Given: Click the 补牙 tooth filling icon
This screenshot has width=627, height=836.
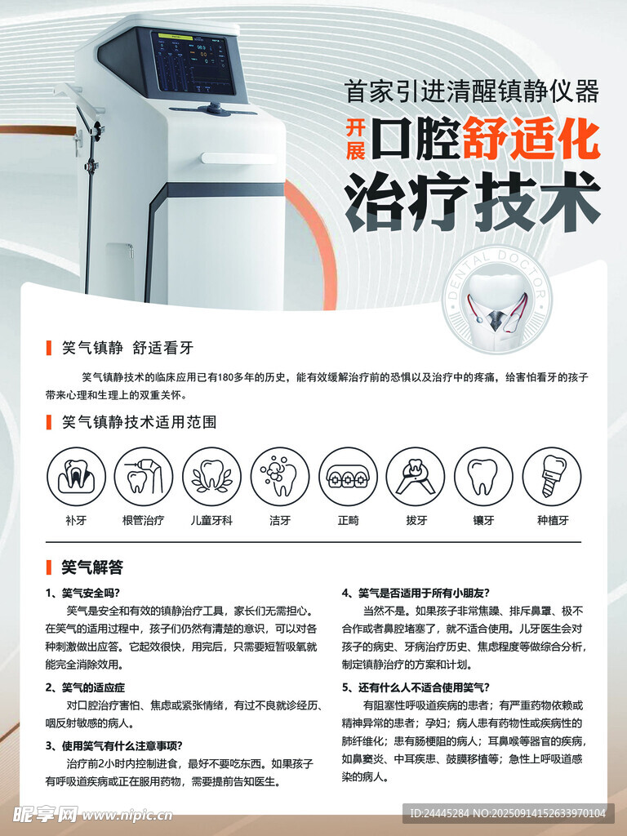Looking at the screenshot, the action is [x=76, y=476].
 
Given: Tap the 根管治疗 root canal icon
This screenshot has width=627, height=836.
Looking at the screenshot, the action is [x=144, y=476].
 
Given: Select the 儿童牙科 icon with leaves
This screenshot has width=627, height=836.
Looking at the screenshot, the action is [x=211, y=476].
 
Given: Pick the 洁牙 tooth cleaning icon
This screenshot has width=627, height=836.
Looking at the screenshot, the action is [x=280, y=476].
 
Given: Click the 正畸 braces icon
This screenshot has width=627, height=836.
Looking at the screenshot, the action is [x=348, y=476].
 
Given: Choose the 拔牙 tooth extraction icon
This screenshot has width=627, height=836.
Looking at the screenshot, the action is [x=416, y=476].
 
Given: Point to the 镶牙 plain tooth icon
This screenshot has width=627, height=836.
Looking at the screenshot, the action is [x=483, y=476].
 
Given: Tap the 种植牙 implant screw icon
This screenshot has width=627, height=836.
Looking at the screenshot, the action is [x=552, y=476].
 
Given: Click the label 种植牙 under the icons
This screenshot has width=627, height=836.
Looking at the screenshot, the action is [x=553, y=520].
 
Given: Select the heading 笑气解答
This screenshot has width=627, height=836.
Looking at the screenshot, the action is [x=92, y=567].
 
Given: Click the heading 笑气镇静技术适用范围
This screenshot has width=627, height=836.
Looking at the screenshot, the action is [x=139, y=422].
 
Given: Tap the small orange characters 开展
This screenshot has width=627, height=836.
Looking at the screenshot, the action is [x=356, y=140].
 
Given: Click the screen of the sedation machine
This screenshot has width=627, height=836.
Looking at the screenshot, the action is [x=193, y=63].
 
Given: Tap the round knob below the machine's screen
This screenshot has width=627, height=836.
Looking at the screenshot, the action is [x=215, y=109].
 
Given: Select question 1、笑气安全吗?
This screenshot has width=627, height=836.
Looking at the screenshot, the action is [x=82, y=593].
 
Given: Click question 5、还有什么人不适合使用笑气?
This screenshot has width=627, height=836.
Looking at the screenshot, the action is [x=416, y=687].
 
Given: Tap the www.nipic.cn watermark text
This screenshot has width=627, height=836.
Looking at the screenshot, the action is [x=127, y=816].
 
